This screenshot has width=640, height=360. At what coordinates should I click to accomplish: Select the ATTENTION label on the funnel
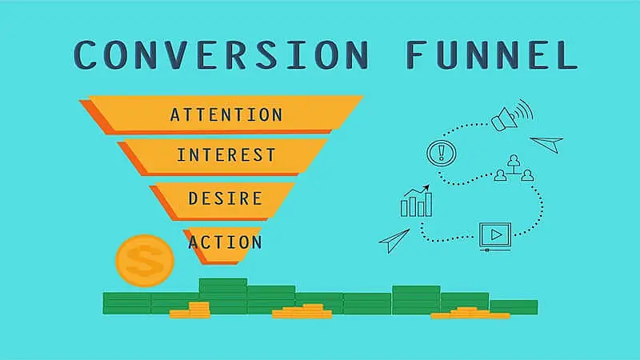click(x=226, y=114)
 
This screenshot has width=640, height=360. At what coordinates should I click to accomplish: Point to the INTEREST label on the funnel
click(x=226, y=154)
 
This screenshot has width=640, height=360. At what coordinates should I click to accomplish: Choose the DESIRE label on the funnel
click(x=226, y=197)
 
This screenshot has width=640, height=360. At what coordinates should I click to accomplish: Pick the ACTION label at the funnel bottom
click(x=225, y=241)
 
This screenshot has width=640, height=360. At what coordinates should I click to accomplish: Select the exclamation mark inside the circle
click(x=439, y=151)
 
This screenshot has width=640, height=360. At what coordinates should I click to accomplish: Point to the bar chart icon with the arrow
click(x=415, y=202)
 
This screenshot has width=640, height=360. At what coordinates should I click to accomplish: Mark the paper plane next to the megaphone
click(x=546, y=142)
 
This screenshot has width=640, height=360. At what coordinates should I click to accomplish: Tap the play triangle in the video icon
click(x=496, y=234)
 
